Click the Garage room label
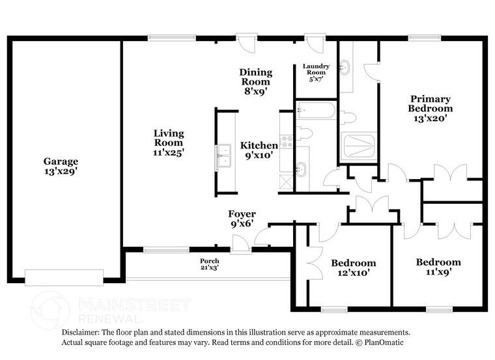click(61, 167)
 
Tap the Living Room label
click(168, 142)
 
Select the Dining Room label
click(255, 81)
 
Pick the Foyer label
click(241, 218)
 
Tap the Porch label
click(209, 264)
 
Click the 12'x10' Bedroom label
click(353, 268)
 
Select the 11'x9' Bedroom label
click(438, 267)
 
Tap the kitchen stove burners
click(286, 139)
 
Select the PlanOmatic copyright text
click(387, 342)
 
